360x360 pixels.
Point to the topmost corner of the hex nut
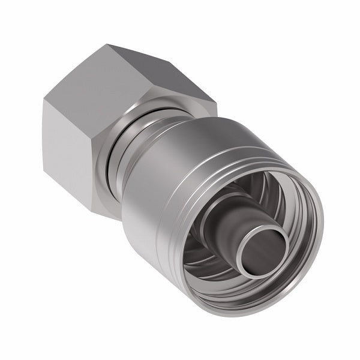[108, 44]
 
